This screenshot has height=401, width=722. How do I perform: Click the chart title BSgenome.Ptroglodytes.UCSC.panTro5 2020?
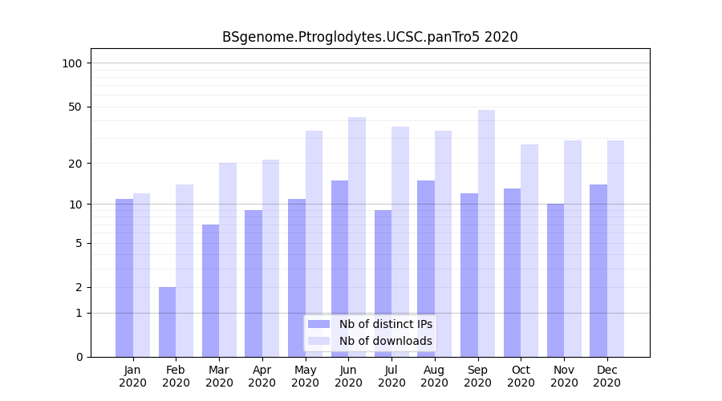(370, 37)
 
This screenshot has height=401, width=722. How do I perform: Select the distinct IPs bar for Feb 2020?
(167, 322)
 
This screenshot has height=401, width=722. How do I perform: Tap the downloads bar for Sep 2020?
(486, 233)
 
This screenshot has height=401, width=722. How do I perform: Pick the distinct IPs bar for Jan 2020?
(124, 277)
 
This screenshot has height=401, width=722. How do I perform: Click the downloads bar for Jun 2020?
(357, 237)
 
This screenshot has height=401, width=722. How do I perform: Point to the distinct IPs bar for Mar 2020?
(210, 290)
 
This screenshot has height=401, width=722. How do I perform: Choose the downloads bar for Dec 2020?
(615, 249)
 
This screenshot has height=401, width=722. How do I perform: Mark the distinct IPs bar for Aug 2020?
(426, 269)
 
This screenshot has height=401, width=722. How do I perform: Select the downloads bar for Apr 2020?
(270, 257)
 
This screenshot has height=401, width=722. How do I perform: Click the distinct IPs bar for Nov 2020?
(555, 280)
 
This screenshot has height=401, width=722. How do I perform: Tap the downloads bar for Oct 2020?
(529, 250)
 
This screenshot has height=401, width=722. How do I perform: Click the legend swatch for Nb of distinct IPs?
(318, 324)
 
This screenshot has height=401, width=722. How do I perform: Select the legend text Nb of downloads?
(386, 341)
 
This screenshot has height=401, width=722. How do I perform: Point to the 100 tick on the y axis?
(77, 63)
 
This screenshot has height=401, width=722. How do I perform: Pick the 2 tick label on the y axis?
(79, 287)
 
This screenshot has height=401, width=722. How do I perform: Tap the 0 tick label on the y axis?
(79, 357)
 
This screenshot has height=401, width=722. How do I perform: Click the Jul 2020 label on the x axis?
(391, 376)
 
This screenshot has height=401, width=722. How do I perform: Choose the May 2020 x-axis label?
(306, 376)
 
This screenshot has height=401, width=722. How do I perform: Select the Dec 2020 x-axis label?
(606, 376)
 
